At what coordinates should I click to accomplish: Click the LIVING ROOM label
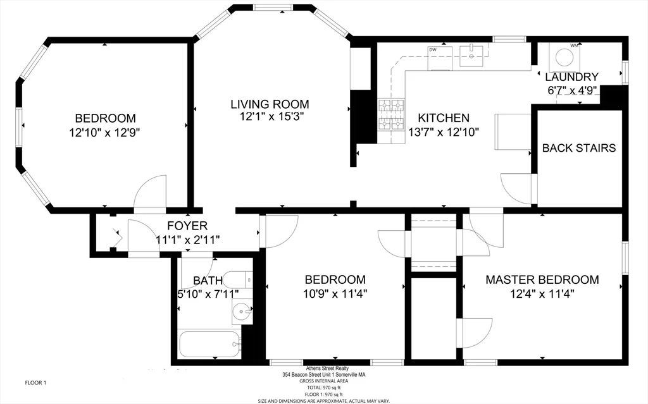point(269,104)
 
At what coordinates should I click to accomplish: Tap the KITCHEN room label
point(443,118)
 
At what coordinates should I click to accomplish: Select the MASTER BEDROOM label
point(542,279)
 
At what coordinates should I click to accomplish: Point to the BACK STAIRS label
point(578,148)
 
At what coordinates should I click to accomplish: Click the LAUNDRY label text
point(571,77)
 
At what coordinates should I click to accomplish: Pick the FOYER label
point(187,226)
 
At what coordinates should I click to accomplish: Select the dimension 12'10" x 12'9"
point(105,133)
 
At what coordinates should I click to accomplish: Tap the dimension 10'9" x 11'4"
point(335,293)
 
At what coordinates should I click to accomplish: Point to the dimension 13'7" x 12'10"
point(443,132)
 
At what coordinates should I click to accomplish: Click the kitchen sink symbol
point(471,56)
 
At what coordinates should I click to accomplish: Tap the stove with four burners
point(391,115)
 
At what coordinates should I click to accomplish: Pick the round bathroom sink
point(241,312)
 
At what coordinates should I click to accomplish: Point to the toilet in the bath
point(239,279)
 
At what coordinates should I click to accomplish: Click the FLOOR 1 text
point(35,383)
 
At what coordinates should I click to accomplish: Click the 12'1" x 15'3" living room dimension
point(269,117)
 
